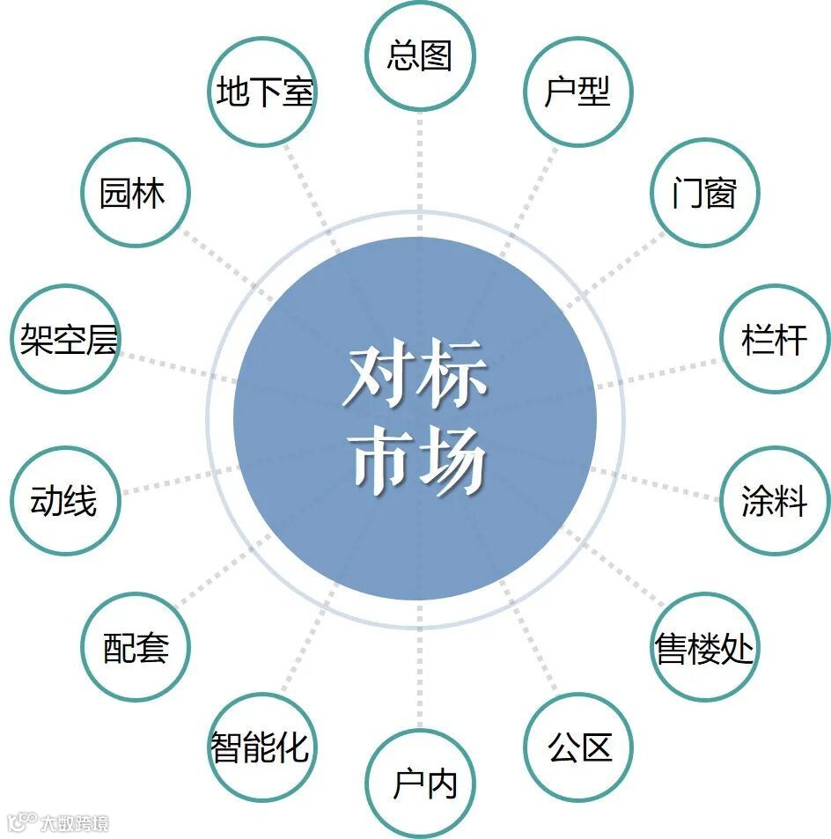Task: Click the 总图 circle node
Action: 420,55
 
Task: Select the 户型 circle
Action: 577,91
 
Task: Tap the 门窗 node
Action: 703,193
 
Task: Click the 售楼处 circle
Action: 703,649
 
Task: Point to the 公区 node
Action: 578,748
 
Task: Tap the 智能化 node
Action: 261,748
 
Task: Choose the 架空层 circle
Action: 67,339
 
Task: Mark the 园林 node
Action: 134,193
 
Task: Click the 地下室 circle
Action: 263,91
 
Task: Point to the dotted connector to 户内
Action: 420,678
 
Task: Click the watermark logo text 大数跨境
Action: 74,824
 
